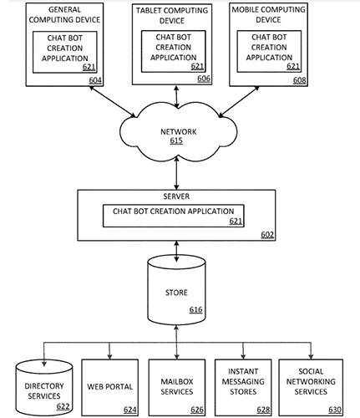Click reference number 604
click(x=95, y=80)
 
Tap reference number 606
click(x=204, y=79)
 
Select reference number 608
click(x=299, y=80)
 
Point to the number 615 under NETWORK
click(x=176, y=140)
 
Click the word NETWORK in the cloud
click(x=179, y=131)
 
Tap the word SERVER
click(x=176, y=196)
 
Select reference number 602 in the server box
click(x=267, y=235)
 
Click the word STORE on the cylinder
click(x=176, y=293)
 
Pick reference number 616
click(x=195, y=309)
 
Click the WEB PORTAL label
click(x=109, y=386)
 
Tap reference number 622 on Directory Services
click(x=63, y=406)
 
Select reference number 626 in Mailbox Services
click(x=197, y=410)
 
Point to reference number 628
click(x=263, y=410)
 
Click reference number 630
click(x=335, y=410)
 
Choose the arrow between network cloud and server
click(x=176, y=173)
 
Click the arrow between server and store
click(x=176, y=252)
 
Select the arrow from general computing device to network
click(x=113, y=102)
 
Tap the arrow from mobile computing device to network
click(x=239, y=102)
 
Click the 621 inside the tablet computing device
click(x=197, y=66)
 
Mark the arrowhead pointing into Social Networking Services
click(x=311, y=356)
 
